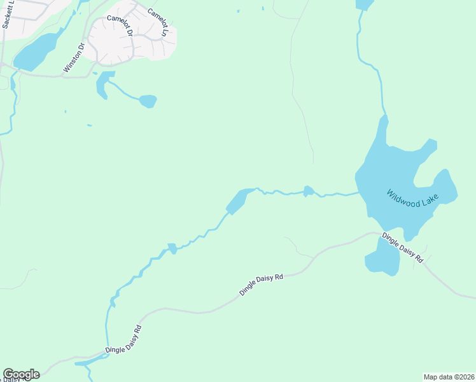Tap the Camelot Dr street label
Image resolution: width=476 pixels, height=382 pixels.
pos(120,25)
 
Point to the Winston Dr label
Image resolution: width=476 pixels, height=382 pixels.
pos(74,58)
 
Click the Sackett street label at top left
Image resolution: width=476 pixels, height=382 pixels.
pos(7,13)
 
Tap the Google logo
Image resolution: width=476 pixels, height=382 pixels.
pos(21,374)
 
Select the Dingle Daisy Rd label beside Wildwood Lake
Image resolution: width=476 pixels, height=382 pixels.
pos(402,248)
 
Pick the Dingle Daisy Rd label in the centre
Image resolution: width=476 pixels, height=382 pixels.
pos(261,284)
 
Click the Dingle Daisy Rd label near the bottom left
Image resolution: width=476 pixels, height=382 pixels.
pos(124,340)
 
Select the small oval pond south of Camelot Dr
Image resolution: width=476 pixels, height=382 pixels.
pos(148,101)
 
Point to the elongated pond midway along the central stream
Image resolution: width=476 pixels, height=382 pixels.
pos(237,201)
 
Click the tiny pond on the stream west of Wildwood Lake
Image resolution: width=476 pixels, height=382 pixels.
pos(309,190)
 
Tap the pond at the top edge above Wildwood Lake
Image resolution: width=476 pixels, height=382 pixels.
pos(365,4)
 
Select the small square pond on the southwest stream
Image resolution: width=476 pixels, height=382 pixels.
pos(171,247)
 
